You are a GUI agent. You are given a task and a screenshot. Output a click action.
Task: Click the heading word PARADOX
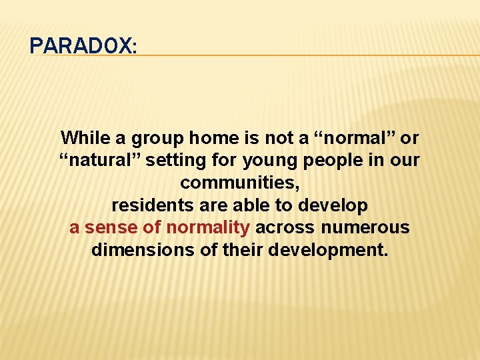83,46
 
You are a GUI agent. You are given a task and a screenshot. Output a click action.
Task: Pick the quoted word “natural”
99,161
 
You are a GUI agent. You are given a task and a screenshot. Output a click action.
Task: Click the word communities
239,183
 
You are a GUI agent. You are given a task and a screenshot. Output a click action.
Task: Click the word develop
333,205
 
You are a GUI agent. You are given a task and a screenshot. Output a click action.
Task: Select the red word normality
208,227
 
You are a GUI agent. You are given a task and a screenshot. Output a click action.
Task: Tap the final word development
324,250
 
